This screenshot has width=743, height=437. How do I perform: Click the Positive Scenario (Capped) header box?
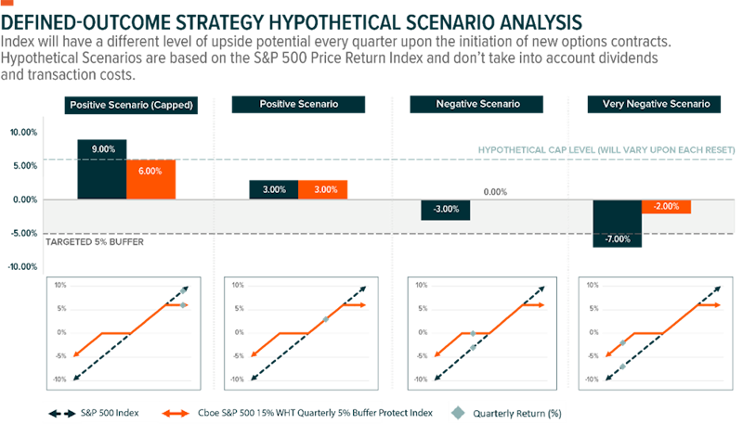point(131,105)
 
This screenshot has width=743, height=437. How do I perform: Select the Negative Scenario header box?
point(477,105)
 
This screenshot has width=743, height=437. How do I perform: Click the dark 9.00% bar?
point(102,169)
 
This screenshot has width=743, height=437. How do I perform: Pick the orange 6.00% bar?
point(150,179)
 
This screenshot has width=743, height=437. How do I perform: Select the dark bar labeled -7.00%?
point(617,223)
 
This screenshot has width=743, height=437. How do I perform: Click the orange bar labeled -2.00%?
point(666,207)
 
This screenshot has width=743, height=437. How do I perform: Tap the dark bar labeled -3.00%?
point(446,210)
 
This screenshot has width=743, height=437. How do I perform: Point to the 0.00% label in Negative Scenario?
point(495,192)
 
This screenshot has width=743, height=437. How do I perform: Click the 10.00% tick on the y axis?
point(23,132)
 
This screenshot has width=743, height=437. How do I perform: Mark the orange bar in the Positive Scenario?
point(323,189)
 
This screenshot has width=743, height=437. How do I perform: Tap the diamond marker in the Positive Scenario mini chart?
point(325,319)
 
